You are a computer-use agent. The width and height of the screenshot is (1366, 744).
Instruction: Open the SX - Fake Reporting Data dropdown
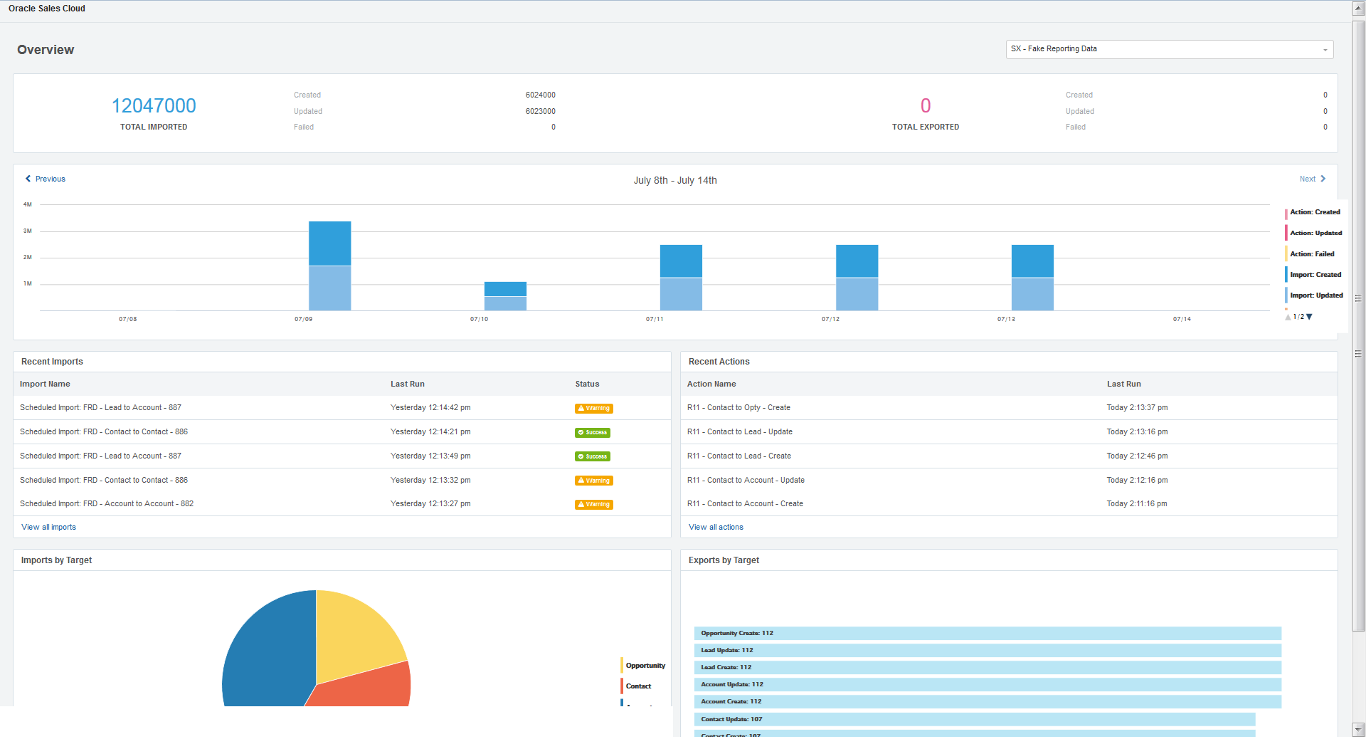pos(1169,49)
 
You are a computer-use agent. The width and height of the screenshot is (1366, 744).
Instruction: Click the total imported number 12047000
pos(154,105)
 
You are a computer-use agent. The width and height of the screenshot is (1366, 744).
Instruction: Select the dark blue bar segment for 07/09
pos(329,243)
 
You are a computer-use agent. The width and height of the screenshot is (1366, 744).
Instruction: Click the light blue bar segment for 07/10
pos(505,303)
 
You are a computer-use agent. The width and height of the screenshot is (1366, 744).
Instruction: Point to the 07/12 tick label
pos(830,319)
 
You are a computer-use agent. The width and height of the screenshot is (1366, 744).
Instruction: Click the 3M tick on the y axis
pos(28,231)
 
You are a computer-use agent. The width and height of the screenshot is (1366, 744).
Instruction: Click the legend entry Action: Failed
pos(1312,253)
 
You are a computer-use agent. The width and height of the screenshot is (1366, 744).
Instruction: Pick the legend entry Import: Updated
pos(1316,295)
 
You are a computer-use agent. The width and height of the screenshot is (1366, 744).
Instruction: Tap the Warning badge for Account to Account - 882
pos(594,504)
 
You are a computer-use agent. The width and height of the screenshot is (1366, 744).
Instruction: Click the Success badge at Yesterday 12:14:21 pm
pos(593,432)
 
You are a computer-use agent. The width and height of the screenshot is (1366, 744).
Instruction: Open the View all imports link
pos(48,527)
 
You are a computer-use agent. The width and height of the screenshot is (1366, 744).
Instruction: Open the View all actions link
pos(716,527)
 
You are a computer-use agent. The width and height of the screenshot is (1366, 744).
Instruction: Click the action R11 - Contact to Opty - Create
pos(738,407)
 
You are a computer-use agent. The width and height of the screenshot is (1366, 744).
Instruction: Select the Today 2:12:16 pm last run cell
pos(1137,480)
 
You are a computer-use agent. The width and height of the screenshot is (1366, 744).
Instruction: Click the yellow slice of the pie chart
pos(356,634)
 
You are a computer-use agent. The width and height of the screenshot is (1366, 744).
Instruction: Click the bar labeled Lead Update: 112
pos(988,650)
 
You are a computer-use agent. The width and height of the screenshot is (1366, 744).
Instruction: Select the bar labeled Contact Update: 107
pos(975,719)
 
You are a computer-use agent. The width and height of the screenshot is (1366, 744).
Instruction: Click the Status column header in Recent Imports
pos(587,384)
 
